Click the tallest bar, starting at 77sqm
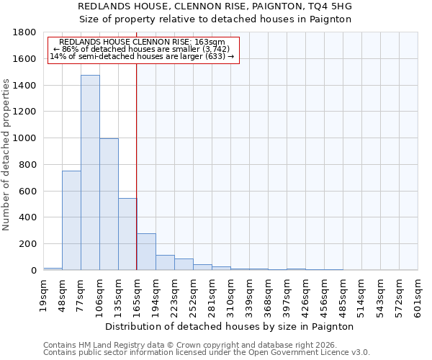(x=90, y=173)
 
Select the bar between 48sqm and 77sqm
(x=71, y=220)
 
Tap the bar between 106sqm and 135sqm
(x=109, y=204)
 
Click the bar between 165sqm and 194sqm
(x=146, y=252)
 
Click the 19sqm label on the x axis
(x=44, y=292)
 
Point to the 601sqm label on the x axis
(x=418, y=292)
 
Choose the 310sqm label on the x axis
(x=231, y=294)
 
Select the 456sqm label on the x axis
(x=325, y=294)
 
